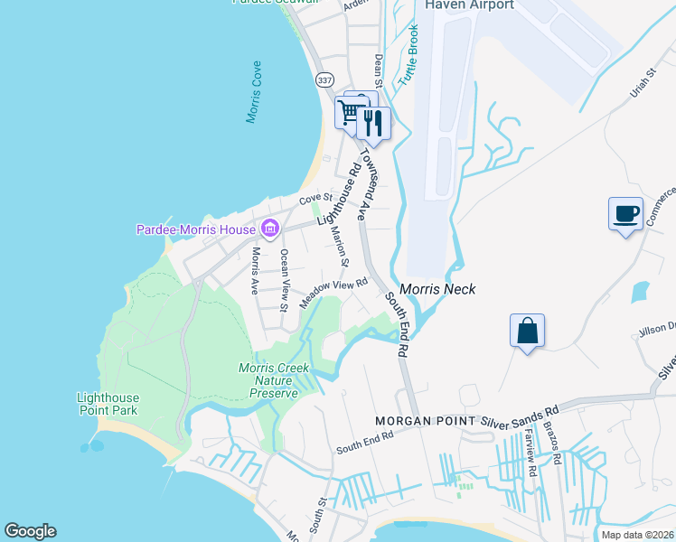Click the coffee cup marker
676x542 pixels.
point(625,215)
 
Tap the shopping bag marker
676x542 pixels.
point(528,331)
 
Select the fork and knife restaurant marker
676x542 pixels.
point(374,121)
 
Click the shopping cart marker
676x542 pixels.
point(349,113)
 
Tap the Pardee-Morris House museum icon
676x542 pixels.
point(268,229)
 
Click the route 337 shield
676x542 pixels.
point(325,79)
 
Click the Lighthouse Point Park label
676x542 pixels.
point(108,404)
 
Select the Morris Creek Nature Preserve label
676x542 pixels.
point(274,380)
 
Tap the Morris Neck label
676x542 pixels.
point(437,289)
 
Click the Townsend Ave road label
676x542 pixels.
point(364,186)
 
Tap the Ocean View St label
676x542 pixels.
point(284,280)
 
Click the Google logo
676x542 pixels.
point(30,531)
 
